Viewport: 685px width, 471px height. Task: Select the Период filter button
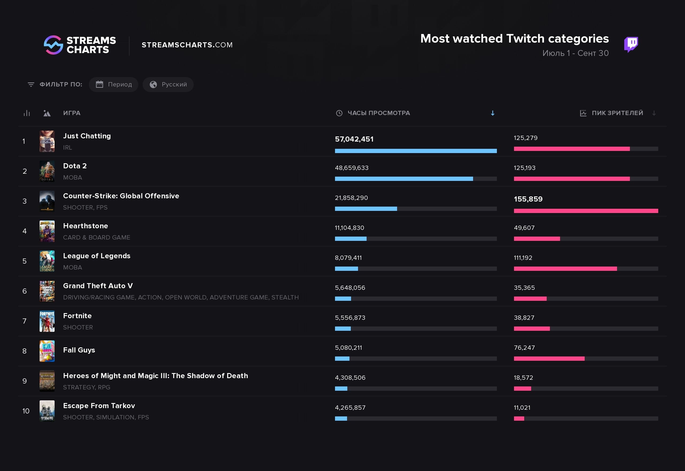pos(113,84)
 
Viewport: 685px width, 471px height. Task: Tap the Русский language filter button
pos(168,84)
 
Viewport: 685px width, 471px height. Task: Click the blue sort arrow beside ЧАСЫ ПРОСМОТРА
pos(492,113)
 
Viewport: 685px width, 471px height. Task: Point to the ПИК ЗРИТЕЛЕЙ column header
pos(617,113)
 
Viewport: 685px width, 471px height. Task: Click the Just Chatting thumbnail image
pos(47,141)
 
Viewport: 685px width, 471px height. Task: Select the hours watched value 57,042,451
pos(354,139)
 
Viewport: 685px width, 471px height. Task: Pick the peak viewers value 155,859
pos(528,199)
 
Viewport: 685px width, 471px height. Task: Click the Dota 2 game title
pos(75,166)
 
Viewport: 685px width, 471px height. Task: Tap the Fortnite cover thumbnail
pos(47,321)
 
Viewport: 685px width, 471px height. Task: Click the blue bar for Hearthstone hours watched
pos(351,239)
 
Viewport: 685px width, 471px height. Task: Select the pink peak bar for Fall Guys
pos(549,359)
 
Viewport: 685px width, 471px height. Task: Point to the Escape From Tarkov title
pos(99,405)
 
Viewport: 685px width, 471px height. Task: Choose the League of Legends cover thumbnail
pos(47,261)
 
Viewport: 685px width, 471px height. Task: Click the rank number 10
pos(26,411)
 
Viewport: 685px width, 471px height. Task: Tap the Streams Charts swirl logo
pos(54,45)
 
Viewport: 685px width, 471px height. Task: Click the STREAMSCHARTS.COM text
pos(187,45)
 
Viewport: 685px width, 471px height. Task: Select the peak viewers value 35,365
pos(524,288)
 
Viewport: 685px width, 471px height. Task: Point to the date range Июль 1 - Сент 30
pos(575,53)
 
